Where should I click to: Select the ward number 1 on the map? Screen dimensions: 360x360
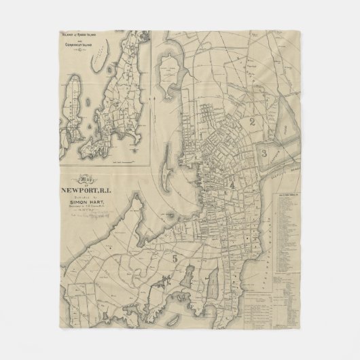[x=202, y=134]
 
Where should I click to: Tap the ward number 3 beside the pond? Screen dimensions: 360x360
[x=264, y=154]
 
